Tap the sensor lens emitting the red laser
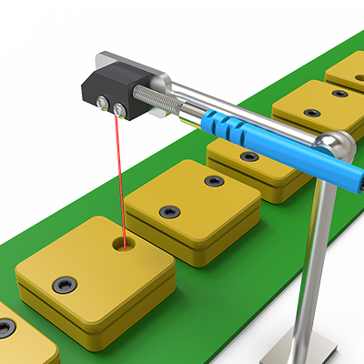(x=118, y=110)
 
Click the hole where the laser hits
(x=119, y=243)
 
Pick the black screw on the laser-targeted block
(x=65, y=284)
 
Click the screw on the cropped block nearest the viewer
(x=6, y=327)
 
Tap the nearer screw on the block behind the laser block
(x=169, y=212)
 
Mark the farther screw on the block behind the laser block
(x=214, y=181)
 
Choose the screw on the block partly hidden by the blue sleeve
(x=248, y=157)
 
